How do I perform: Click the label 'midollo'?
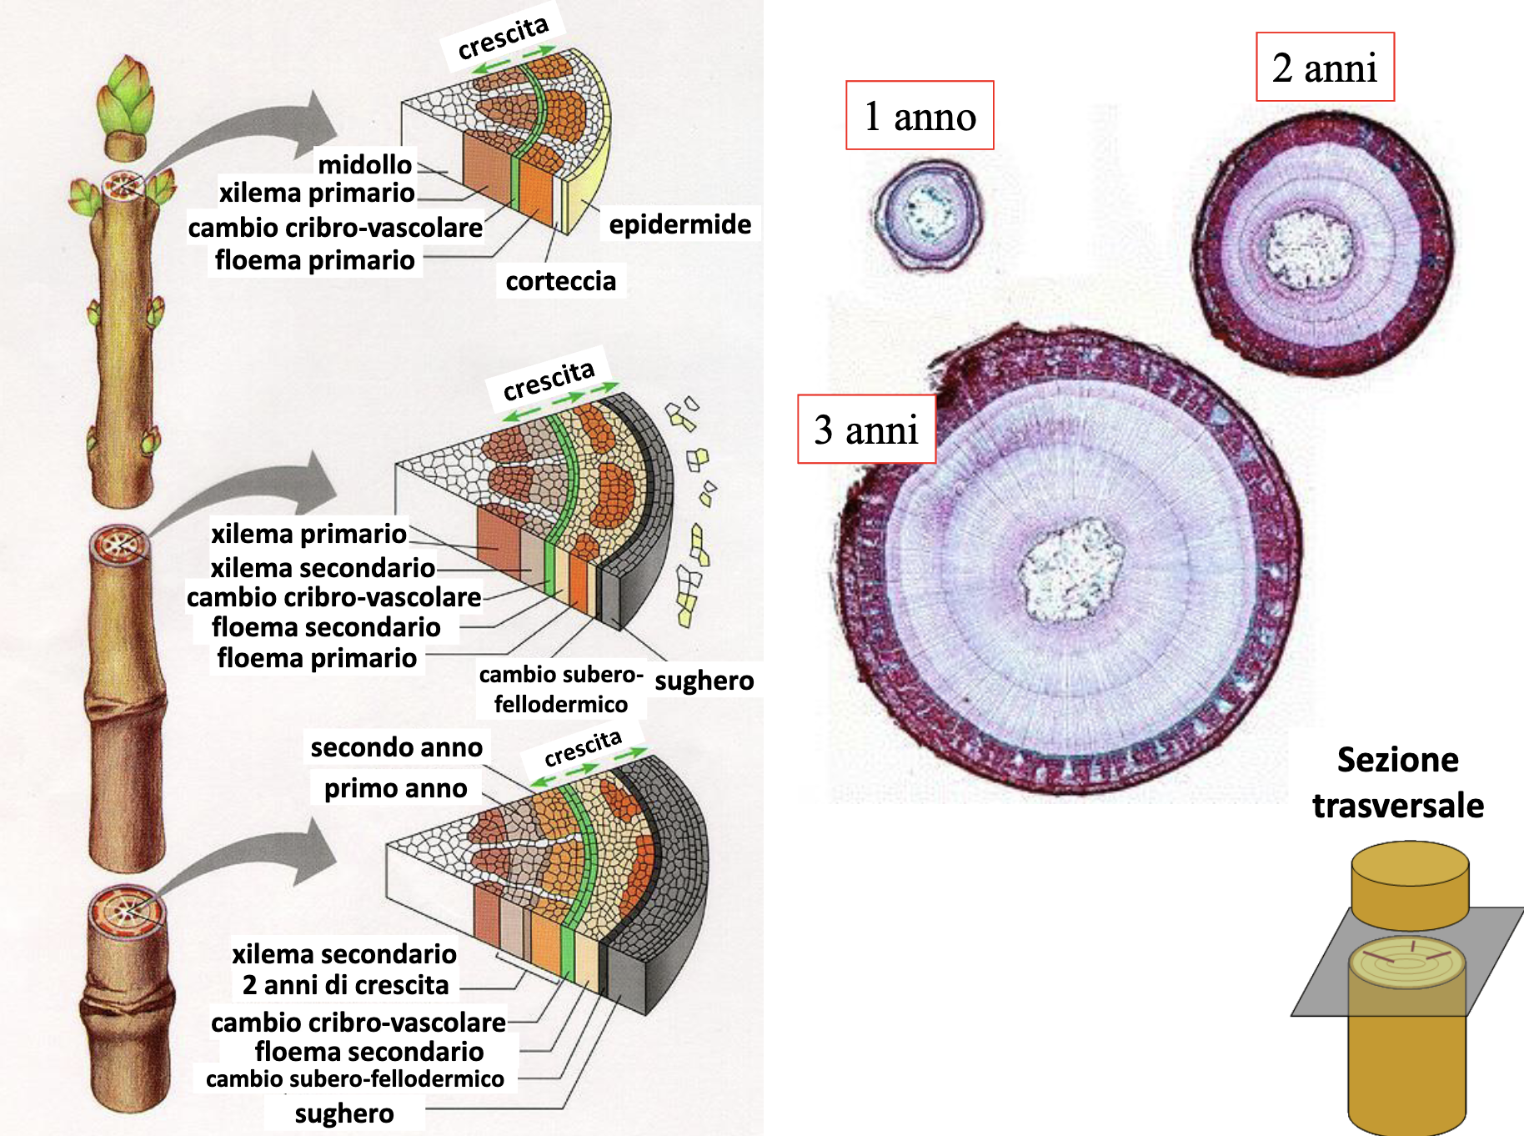[x=365, y=164]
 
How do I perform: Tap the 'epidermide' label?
[x=679, y=224]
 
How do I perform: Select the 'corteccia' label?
[x=560, y=281]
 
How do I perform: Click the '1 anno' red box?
[x=920, y=116]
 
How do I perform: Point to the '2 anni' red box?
[x=1325, y=68]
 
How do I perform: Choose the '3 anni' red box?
[x=866, y=430]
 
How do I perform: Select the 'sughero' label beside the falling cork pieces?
[x=704, y=681]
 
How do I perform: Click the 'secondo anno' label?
[x=396, y=747]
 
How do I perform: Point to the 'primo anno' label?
[x=395, y=788]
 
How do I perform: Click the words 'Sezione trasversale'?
[x=1397, y=782]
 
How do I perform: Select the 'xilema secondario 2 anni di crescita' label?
[x=344, y=969]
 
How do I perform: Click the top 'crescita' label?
[x=503, y=38]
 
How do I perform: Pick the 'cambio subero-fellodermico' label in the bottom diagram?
[x=355, y=1079]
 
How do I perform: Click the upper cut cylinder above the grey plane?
[x=1409, y=886]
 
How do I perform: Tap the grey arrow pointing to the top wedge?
[x=250, y=133]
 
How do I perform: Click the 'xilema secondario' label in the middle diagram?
[x=323, y=568]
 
